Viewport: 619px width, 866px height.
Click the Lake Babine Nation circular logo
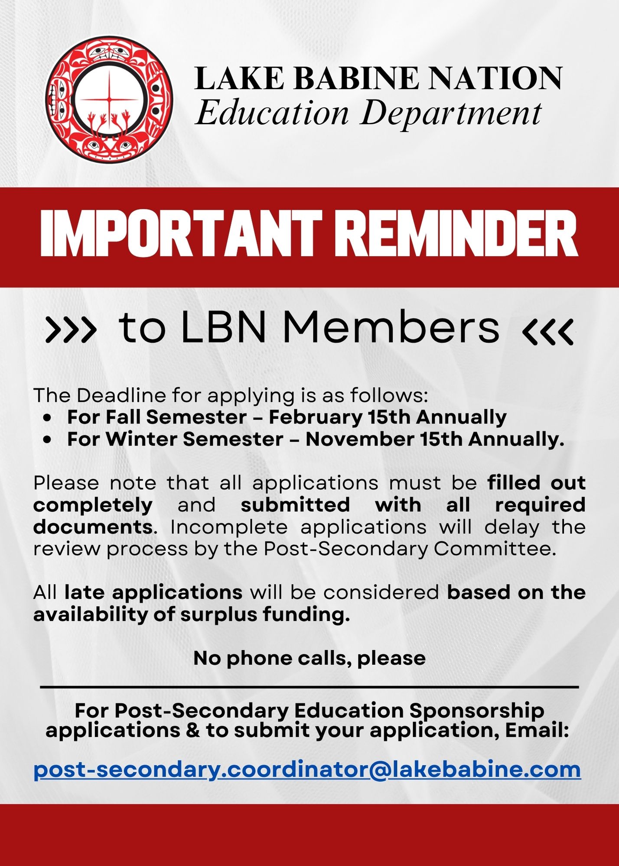(109, 100)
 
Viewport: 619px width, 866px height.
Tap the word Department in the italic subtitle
(451, 113)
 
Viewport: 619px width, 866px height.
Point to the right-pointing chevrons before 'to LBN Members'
(71, 330)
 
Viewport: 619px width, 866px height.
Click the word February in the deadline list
(315, 417)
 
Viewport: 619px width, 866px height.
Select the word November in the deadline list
(359, 439)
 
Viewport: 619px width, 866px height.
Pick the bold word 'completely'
(93, 505)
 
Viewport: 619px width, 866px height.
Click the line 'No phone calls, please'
(309, 659)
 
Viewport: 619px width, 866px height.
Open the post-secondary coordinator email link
(307, 770)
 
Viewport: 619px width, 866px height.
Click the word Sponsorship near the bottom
(476, 711)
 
